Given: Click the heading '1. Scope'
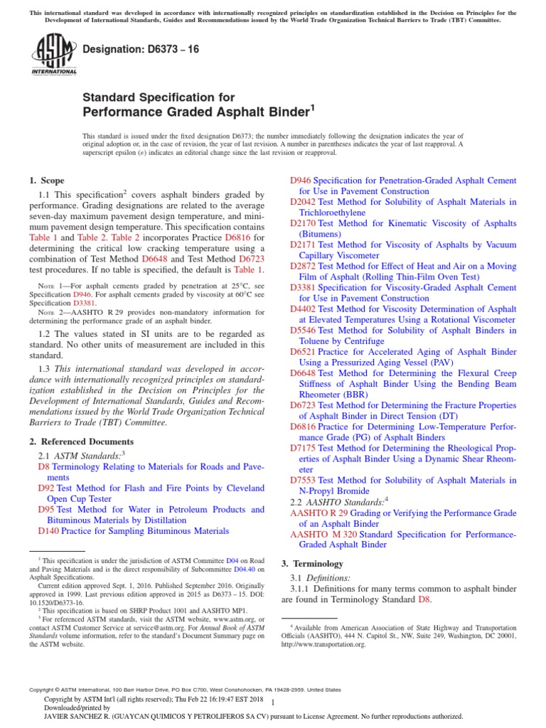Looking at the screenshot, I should tap(47, 181).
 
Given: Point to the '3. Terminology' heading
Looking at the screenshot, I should tap(312, 564).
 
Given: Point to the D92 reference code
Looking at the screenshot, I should tap(45, 488).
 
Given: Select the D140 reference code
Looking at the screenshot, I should tap(48, 531).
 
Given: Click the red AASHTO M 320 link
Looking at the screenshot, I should tap(323, 534).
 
